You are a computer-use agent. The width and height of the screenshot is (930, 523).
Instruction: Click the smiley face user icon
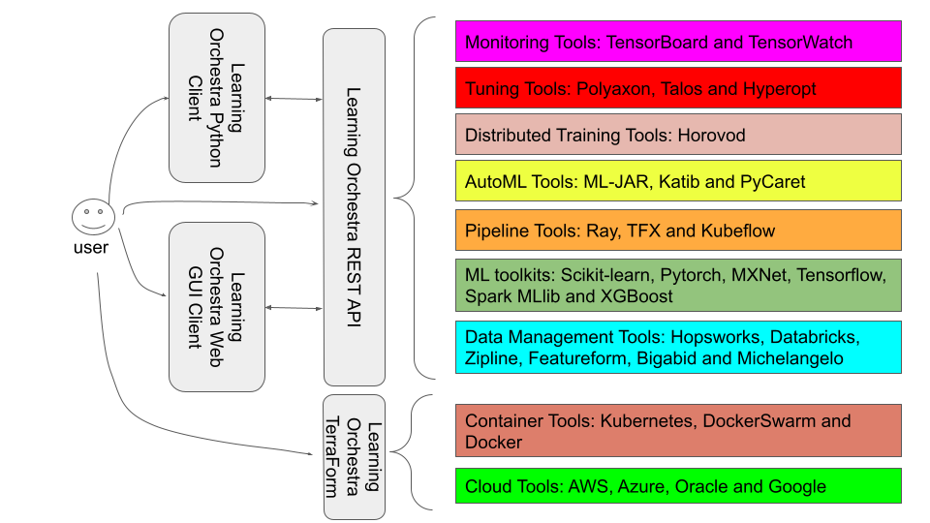coord(92,216)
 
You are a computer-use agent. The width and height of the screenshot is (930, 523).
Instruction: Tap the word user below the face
coord(91,247)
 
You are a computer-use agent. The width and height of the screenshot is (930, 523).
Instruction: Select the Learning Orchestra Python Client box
coord(216,97)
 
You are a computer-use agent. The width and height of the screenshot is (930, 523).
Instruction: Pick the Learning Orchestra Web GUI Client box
coord(216,306)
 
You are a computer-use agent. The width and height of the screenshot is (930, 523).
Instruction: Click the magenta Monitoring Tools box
coord(678,43)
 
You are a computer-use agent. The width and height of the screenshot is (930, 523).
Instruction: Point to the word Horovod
coord(711,136)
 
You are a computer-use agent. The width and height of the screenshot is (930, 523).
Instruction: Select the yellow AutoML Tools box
coord(678,182)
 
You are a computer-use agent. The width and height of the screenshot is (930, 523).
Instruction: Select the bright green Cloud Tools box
coord(678,486)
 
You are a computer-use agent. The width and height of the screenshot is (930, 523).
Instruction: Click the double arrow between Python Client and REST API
coord(294,99)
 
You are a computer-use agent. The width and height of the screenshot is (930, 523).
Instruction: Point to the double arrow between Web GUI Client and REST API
coord(294,308)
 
